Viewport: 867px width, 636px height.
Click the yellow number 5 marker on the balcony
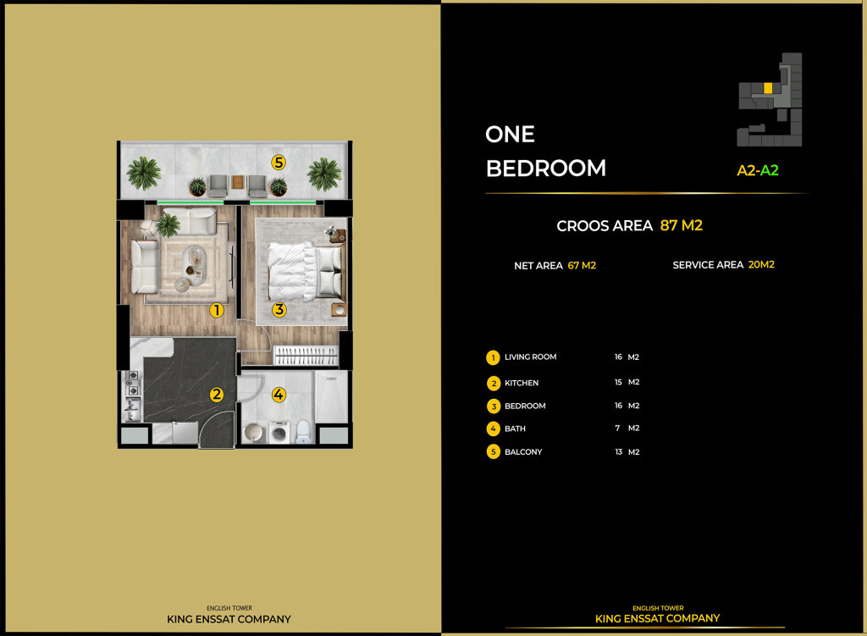[279, 161]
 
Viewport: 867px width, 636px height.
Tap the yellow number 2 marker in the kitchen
[217, 394]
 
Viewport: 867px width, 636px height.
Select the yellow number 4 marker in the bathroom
[279, 394]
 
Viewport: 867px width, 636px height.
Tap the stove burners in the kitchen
[132, 386]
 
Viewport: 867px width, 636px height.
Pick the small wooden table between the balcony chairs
[239, 184]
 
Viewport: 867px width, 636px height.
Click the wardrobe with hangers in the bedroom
[305, 355]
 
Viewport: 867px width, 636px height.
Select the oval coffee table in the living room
[194, 258]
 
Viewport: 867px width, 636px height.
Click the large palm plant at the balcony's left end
[143, 174]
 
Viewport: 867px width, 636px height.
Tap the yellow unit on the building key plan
[767, 87]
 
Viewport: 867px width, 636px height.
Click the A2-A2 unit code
[757, 170]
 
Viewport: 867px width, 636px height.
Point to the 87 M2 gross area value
[681, 225]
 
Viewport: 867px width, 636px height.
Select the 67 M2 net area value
[582, 265]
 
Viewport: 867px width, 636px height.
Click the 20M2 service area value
[761, 264]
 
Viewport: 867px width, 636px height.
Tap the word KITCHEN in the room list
[522, 383]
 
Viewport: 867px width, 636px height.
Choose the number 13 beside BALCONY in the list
[618, 451]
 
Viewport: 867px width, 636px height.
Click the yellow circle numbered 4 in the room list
[494, 429]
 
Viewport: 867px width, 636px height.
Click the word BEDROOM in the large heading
[545, 168]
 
